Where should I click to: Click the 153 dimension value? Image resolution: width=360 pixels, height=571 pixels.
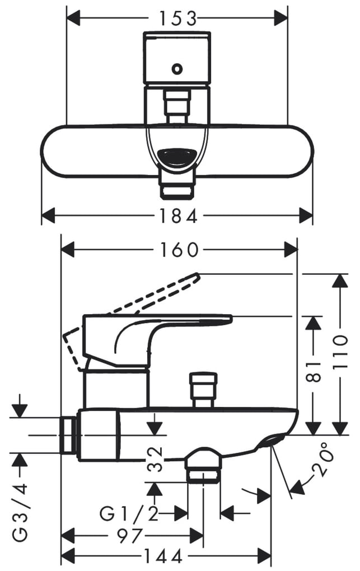point(178,18)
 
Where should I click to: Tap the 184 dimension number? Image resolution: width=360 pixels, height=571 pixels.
point(178,216)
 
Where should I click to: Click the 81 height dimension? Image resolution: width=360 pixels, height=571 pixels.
point(314,372)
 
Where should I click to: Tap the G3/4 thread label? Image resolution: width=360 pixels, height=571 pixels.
point(20,512)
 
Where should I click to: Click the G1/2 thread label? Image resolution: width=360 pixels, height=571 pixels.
point(129,514)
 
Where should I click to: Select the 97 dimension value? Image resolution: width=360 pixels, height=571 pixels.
point(130,536)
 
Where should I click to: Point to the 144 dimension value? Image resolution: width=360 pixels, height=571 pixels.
point(163,556)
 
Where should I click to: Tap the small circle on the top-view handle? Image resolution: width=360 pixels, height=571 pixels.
point(177,68)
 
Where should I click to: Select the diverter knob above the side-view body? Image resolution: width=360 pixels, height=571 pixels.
point(203,389)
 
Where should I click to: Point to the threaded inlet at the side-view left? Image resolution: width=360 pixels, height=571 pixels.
point(69,435)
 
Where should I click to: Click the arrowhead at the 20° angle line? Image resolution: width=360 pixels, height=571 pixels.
point(297,487)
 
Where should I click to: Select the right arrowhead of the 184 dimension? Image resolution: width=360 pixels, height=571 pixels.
point(306,216)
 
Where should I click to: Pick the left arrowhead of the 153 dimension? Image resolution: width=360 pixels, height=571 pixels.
point(74,18)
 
